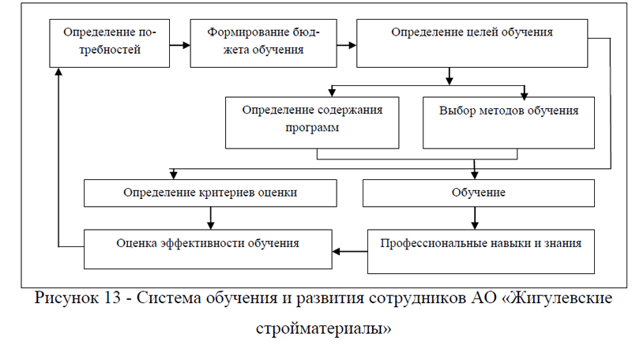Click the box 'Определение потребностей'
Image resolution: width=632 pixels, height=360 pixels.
coord(108,43)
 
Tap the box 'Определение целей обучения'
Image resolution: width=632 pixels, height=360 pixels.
coord(472,43)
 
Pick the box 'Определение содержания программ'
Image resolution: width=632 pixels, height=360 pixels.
coord(314,122)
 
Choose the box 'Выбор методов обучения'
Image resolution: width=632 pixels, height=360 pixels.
coord(508,122)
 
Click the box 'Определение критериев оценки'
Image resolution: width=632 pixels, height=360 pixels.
coord(210,193)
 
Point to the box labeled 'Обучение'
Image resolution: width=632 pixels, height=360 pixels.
coord(478,193)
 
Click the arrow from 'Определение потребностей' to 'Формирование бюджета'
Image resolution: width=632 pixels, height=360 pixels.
coord(180,44)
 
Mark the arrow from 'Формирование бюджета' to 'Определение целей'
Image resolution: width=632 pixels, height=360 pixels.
coord(344,44)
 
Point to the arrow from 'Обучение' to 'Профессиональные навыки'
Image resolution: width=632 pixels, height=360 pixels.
coord(475,217)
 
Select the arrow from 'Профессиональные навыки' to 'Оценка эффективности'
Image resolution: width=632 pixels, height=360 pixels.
coord(350,252)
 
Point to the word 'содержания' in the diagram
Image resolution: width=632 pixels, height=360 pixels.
coord(351,110)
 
